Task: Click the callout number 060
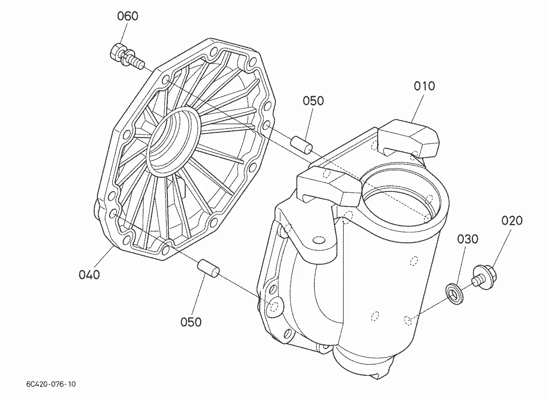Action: pos(127,16)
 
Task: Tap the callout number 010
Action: pos(424,86)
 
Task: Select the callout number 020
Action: pos(512,220)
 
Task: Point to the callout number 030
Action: pos(467,239)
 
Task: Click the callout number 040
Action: pos(89,274)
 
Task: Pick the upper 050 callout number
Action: pos(313,101)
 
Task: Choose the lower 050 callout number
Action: pos(191,322)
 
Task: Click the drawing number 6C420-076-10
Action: pos(51,384)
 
